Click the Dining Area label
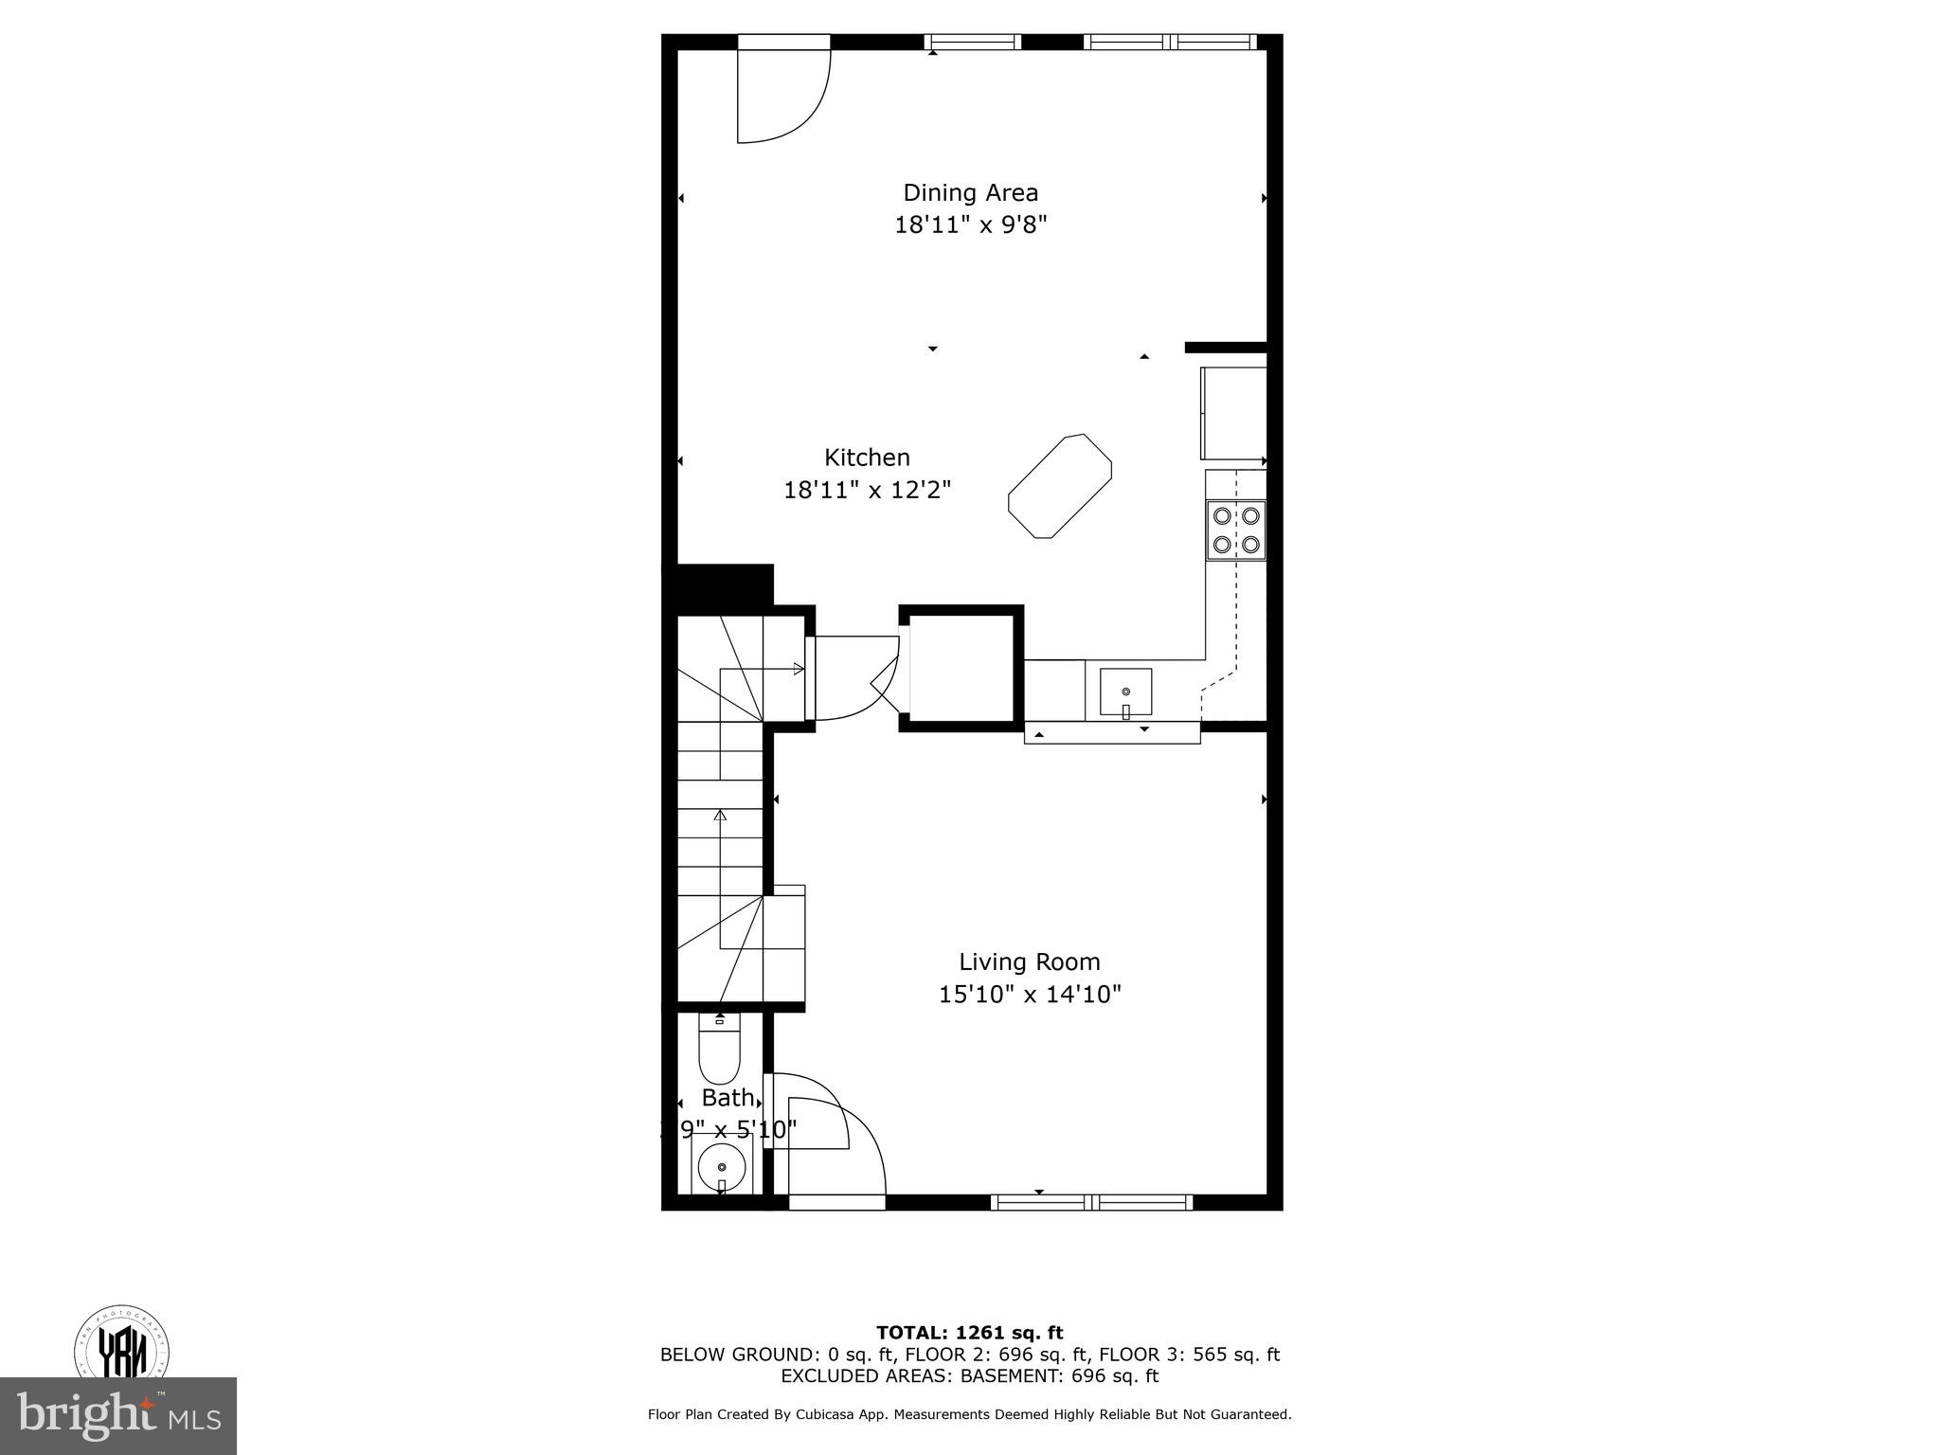970,192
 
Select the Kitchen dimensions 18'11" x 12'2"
867,490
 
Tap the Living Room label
1029,961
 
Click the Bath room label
727,1098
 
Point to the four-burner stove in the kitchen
1236,530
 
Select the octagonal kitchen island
1060,486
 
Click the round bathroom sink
721,1167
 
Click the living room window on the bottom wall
1091,1202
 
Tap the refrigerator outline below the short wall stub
1233,414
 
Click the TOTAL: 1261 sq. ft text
969,1333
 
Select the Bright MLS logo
117,1415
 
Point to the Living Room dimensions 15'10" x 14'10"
1030,995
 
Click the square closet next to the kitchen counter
961,669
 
